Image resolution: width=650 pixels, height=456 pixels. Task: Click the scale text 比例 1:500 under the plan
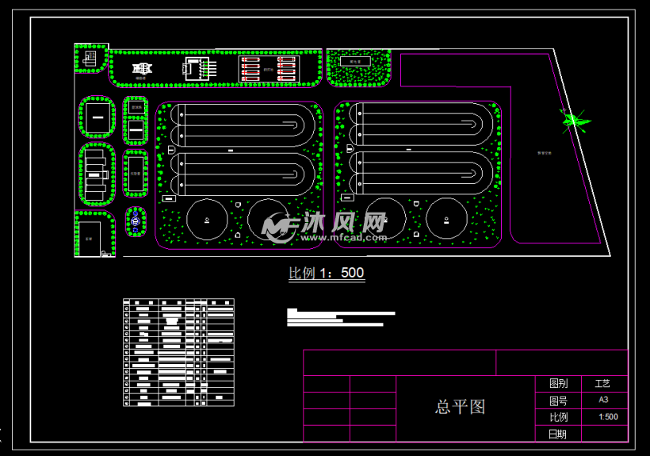(326, 274)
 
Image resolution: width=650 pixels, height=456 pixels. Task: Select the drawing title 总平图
(460, 408)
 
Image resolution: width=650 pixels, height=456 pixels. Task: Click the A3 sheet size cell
(603, 400)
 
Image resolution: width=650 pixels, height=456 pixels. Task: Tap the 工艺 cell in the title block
(603, 383)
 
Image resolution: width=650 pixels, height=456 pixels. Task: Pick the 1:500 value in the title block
(608, 417)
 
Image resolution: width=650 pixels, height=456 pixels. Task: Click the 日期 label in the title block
(557, 434)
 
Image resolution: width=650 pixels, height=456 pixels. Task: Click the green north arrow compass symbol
(574, 121)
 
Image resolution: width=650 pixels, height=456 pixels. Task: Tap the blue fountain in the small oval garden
(136, 221)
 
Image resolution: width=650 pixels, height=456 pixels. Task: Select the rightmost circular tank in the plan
(445, 219)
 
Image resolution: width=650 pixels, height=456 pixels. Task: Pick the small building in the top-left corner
(90, 58)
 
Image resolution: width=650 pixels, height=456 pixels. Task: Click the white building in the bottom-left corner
(89, 237)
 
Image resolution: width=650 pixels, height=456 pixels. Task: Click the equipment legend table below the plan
(179, 352)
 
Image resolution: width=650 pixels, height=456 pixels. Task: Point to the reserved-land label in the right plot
(545, 152)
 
